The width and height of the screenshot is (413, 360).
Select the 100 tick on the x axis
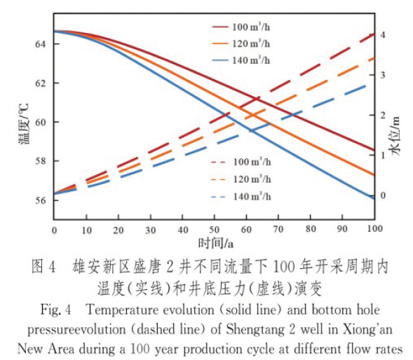pos(374,229)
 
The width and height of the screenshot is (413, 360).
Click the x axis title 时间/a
pos(215,243)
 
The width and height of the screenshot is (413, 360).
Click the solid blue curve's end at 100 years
pos(374,198)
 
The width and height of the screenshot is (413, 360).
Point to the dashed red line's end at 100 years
pos(374,34)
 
